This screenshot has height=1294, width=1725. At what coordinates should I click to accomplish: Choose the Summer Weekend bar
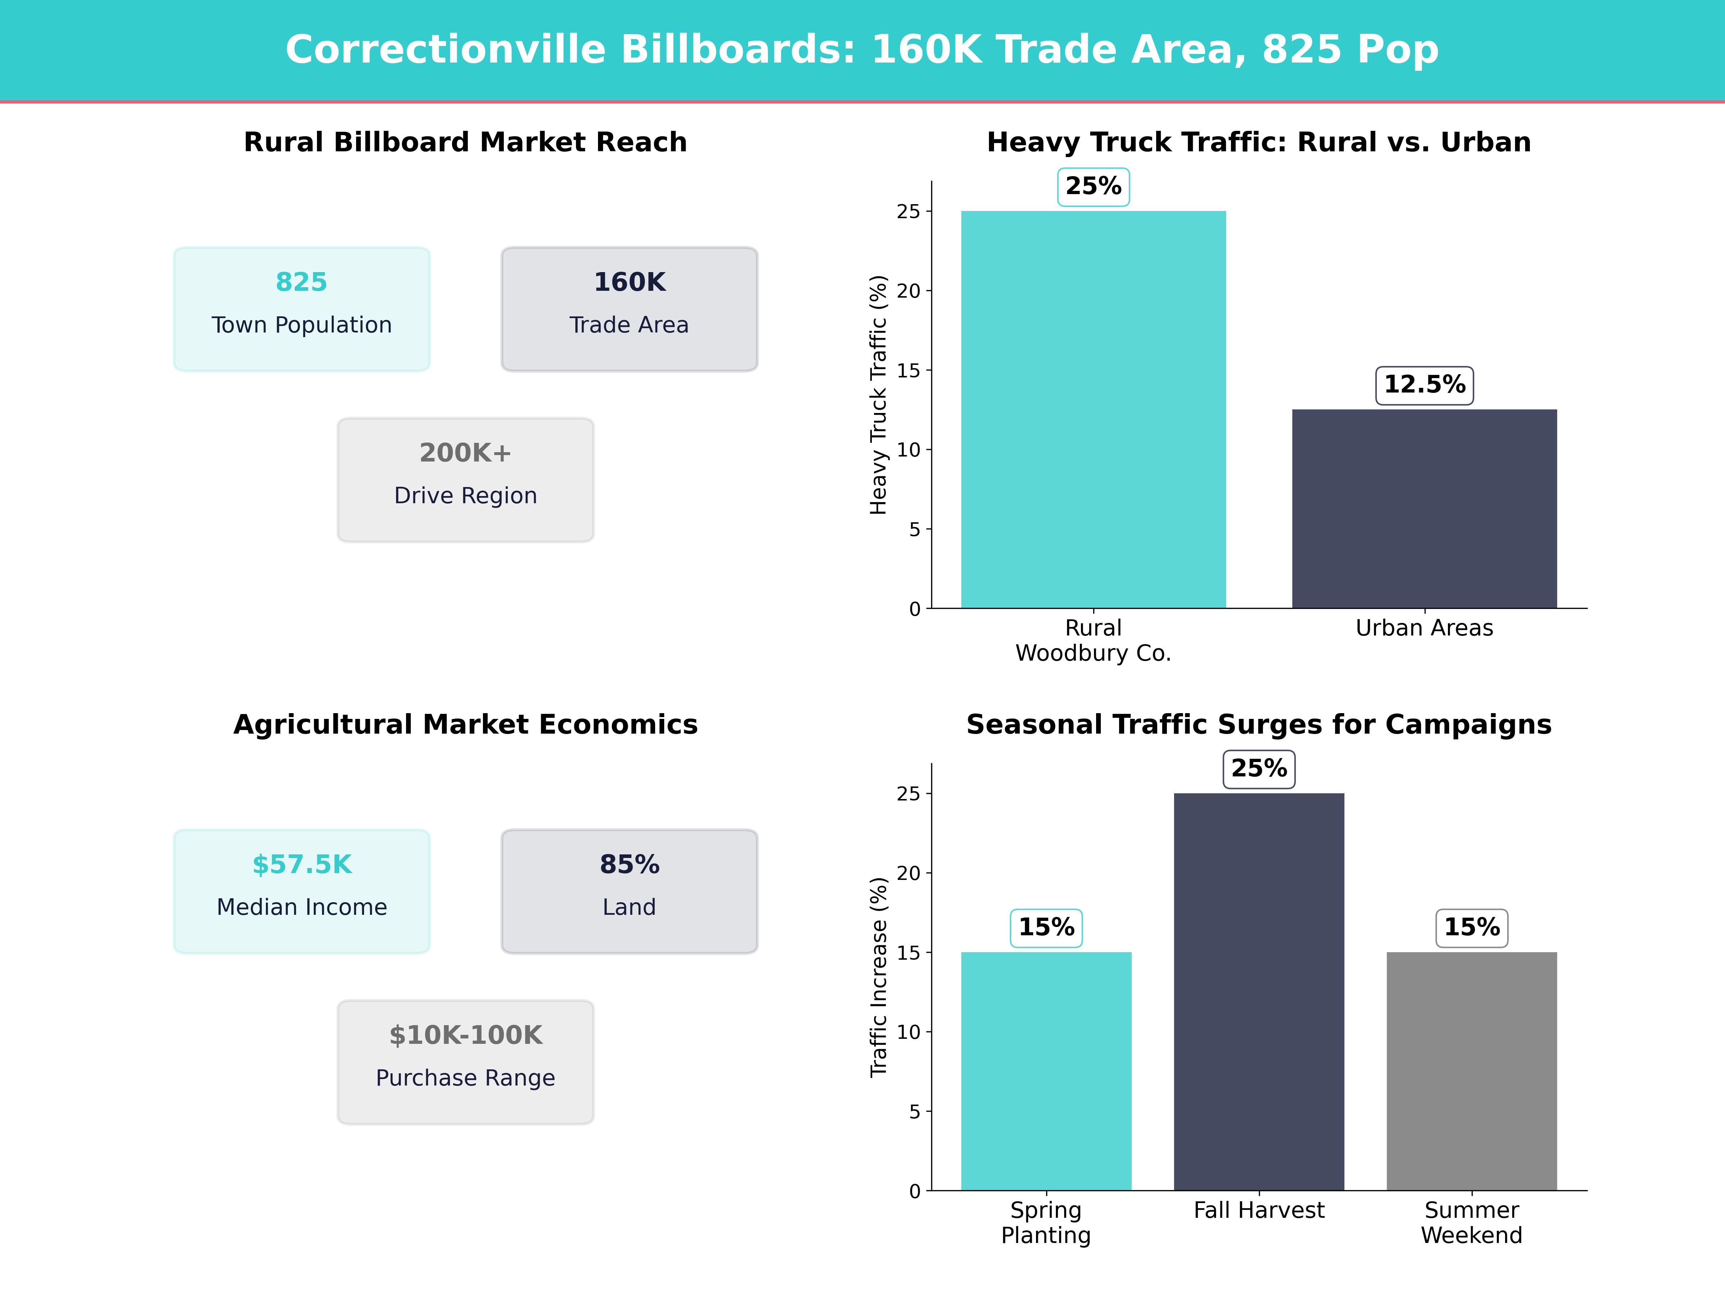[x=1472, y=1071]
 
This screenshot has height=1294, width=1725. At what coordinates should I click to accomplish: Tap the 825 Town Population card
[x=302, y=309]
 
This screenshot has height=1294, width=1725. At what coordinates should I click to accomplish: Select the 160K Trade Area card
[x=629, y=309]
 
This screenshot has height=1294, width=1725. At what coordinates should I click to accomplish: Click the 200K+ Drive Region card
[x=465, y=480]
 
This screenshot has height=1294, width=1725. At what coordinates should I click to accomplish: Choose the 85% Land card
[x=629, y=891]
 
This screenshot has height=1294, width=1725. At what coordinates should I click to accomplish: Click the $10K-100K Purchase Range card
[x=465, y=1061]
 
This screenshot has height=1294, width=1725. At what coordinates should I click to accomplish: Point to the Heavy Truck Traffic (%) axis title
[x=879, y=395]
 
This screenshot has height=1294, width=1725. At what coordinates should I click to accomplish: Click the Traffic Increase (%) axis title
[x=879, y=977]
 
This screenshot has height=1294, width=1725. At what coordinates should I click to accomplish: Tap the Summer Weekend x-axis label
[x=1472, y=1222]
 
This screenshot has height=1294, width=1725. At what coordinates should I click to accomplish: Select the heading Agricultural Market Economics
[x=465, y=725]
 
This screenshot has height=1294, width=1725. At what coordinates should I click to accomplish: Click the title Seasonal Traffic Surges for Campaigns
[x=1259, y=725]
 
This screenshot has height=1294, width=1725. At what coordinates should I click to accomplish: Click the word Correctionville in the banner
[x=445, y=50]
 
